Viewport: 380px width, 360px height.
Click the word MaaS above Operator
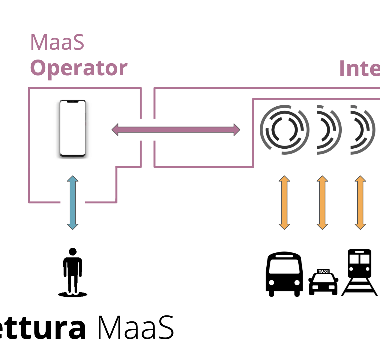(x=57, y=42)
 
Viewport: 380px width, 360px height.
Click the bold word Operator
(x=79, y=68)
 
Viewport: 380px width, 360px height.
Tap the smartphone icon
(x=73, y=128)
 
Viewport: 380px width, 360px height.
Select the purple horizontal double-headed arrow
(x=176, y=130)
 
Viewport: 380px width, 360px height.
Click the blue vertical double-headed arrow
(x=73, y=202)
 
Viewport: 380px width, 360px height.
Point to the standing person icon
(x=73, y=272)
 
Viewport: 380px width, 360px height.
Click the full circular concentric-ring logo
(x=284, y=130)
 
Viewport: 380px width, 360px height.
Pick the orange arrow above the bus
(x=284, y=202)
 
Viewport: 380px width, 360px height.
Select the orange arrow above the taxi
(x=322, y=202)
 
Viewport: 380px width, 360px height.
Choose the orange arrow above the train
(x=360, y=202)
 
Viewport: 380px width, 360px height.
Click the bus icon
(x=284, y=274)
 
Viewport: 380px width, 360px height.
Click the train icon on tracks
(x=359, y=272)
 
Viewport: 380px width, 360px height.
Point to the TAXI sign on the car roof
(x=323, y=271)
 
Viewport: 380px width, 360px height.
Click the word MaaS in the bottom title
(x=136, y=328)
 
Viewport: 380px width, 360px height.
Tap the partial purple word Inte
(x=359, y=68)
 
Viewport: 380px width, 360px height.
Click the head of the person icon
(x=73, y=252)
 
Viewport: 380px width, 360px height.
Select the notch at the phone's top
(x=73, y=102)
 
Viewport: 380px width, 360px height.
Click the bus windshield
(x=284, y=266)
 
